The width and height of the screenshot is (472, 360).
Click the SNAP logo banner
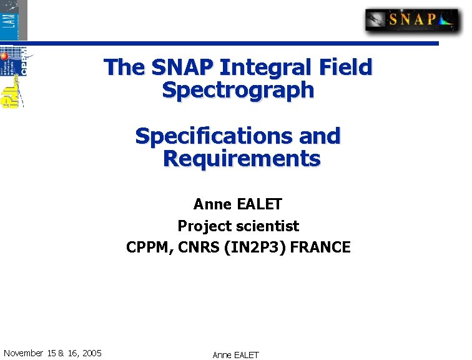pos(411,20)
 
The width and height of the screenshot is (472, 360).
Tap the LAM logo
pos(14,19)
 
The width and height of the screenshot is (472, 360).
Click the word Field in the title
pos(345,67)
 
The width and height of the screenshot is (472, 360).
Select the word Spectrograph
pos(238,90)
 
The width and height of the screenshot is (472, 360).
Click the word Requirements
pos(241,159)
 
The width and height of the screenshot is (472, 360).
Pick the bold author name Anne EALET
pos(238,204)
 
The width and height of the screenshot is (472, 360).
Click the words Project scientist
pos(238,226)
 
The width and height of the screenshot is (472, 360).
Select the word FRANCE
pos(320,247)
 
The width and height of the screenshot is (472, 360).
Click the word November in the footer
pos(23,353)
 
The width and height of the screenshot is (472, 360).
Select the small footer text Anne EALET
pos(235,355)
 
